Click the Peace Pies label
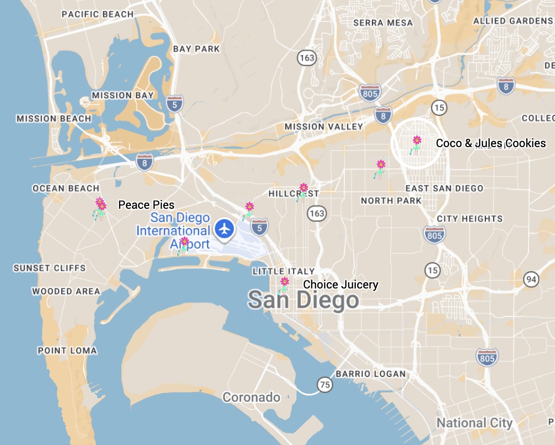tap(146, 205)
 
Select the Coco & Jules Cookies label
tap(490, 143)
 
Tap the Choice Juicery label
tap(341, 285)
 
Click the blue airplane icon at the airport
tap(224, 229)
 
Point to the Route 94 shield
tap(531, 279)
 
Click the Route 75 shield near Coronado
tap(324, 384)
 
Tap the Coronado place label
tap(251, 397)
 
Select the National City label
tap(474, 423)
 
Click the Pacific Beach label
tap(98, 14)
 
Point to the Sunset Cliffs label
tap(50, 268)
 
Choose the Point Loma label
tap(67, 351)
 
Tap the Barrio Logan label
tap(371, 374)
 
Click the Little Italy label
tap(284, 271)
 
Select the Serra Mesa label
tap(383, 23)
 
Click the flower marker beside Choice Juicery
tap(284, 284)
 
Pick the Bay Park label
tap(196, 49)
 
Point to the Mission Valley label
tap(324, 127)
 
